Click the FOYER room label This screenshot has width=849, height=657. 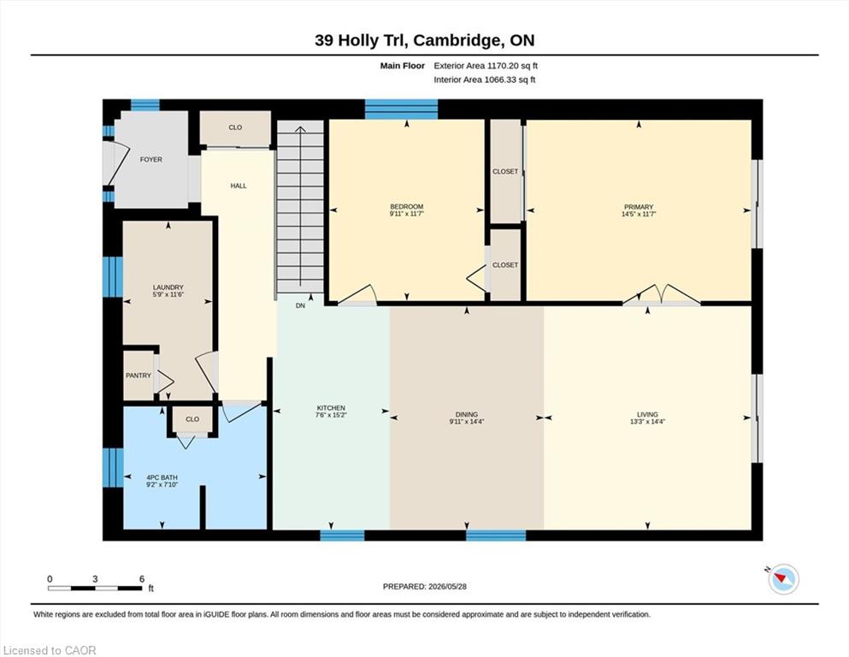tap(151, 159)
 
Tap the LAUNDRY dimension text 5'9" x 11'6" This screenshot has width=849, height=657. tap(168, 294)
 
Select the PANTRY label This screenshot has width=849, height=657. tap(139, 376)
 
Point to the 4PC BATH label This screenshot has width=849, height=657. tap(162, 477)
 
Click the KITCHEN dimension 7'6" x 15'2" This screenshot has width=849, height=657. tap(331, 415)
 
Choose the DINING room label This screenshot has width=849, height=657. tap(467, 414)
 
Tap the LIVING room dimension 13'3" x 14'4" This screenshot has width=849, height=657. tap(647, 422)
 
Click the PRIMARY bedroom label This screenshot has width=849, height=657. tap(639, 207)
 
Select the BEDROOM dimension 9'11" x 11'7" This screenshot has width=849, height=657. tap(407, 214)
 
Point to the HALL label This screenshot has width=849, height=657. tap(239, 186)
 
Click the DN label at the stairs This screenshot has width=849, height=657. tap(300, 305)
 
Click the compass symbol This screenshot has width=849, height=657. tap(783, 579)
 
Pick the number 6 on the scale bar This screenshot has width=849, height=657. tap(142, 579)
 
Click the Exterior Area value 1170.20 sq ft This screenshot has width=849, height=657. tap(512, 66)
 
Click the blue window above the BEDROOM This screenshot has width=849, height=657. tap(401, 109)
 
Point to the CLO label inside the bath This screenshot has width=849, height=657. tap(192, 419)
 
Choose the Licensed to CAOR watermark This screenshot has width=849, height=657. tap(50, 650)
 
